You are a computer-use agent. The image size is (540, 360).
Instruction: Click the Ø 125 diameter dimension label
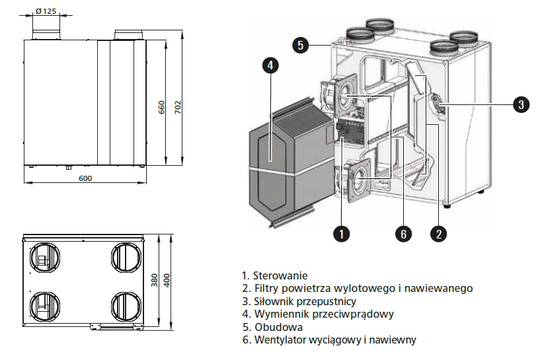tap(45, 11)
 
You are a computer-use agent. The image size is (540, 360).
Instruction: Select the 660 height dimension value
tap(162, 107)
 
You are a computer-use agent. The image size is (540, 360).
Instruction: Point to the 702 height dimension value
tap(177, 107)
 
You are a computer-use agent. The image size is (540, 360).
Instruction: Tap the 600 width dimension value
tap(85, 178)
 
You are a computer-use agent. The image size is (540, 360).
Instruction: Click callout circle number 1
tap(341, 233)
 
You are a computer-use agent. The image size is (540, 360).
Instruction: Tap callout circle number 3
tap(521, 104)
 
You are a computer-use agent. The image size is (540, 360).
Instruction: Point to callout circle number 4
tap(270, 65)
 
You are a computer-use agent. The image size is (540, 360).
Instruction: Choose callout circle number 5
tap(300, 45)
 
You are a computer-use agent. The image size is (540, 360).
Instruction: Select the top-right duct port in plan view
tap(126, 256)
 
